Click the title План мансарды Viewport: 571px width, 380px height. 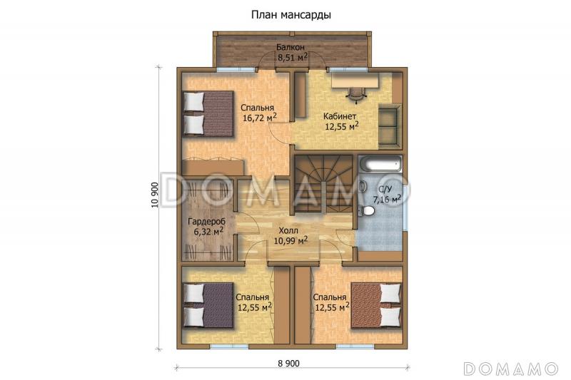(290, 15)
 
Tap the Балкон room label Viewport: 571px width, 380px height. (290, 47)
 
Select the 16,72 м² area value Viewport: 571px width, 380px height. (260, 118)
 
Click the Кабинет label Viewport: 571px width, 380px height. (340, 116)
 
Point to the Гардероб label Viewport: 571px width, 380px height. (206, 222)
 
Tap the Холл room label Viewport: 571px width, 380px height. (288, 230)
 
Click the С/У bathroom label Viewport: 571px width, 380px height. (385, 189)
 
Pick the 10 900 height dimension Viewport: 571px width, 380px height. (154, 195)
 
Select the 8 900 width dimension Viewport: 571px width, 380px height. (288, 364)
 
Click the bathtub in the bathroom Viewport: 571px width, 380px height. (380, 164)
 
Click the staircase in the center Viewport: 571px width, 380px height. (323, 185)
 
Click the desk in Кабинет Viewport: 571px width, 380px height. (355, 81)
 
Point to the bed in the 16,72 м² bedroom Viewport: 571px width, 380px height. (208, 114)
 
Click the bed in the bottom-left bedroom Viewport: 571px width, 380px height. (208, 305)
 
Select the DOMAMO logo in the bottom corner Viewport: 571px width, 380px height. (511, 369)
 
